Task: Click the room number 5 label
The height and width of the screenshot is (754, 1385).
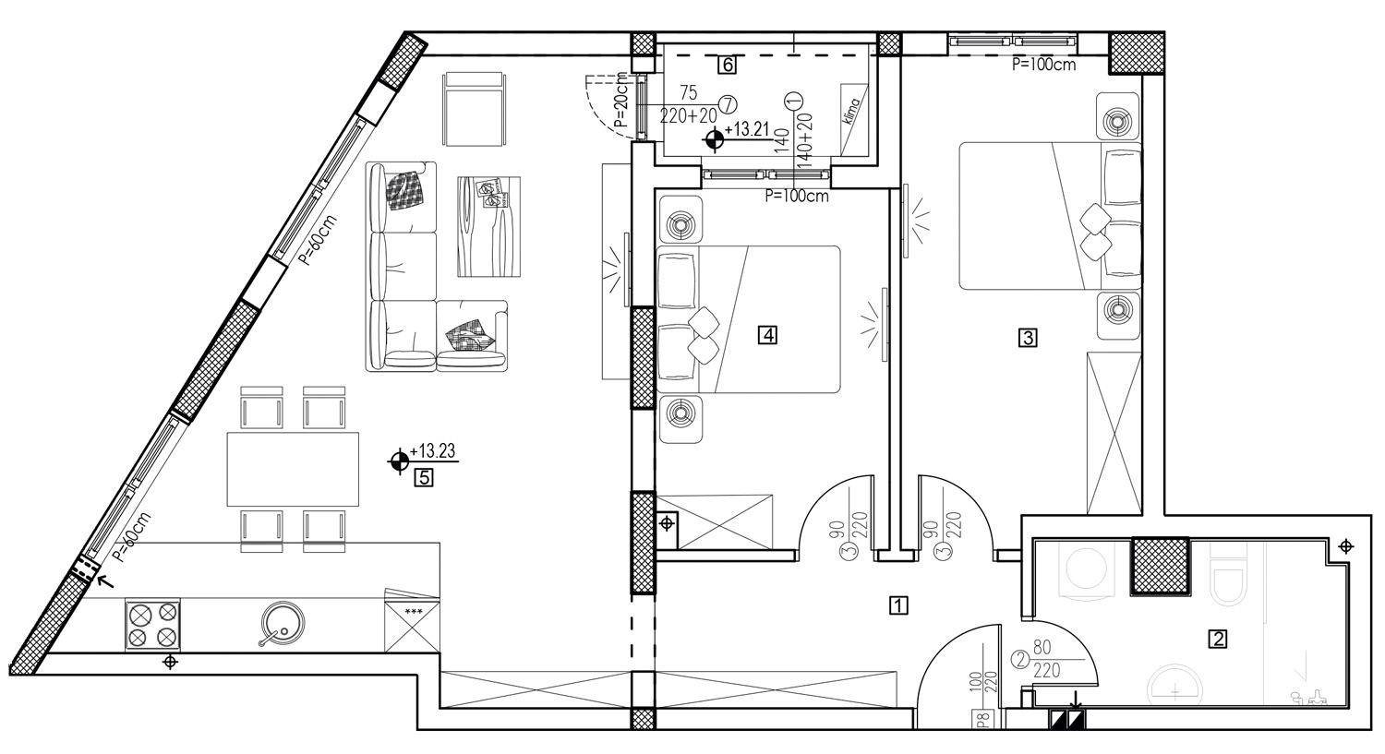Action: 424,478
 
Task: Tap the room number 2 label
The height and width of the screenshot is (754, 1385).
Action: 1218,639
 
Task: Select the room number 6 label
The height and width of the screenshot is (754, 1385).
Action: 728,65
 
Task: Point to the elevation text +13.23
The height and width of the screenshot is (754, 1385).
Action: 432,451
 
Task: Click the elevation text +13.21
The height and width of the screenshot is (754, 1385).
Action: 746,129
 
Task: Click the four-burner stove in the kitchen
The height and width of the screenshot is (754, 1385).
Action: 152,624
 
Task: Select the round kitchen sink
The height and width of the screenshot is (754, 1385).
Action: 282,623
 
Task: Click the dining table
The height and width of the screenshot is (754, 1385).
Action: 293,469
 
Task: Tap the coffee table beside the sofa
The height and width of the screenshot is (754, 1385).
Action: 488,227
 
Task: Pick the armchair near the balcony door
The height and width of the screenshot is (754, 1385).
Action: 475,109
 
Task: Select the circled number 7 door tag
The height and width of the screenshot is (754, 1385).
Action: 728,105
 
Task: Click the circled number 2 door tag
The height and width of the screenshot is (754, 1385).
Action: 1021,659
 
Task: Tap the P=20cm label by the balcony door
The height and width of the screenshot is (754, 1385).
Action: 622,100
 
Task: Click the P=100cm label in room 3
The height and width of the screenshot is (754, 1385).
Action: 1043,65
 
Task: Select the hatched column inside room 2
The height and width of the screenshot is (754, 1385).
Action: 1161,566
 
